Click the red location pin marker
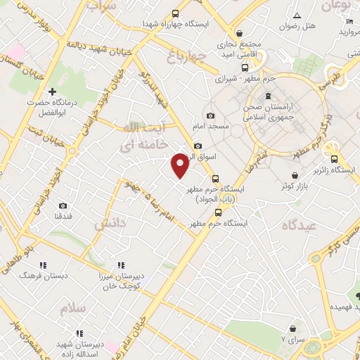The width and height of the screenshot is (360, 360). coord(180,165)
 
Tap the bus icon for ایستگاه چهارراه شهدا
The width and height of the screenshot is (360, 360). coord(174,13)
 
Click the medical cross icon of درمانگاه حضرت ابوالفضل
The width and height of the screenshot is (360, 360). coord(52,91)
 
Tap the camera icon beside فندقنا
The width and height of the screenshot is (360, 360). coord(63,205)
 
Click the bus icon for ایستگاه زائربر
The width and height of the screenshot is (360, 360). coord(335,159)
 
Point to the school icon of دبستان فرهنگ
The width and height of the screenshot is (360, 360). coord(43,266)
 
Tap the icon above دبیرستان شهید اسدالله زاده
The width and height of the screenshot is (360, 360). coord(79,333)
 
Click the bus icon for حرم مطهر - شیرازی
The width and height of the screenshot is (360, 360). coord(245,68)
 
